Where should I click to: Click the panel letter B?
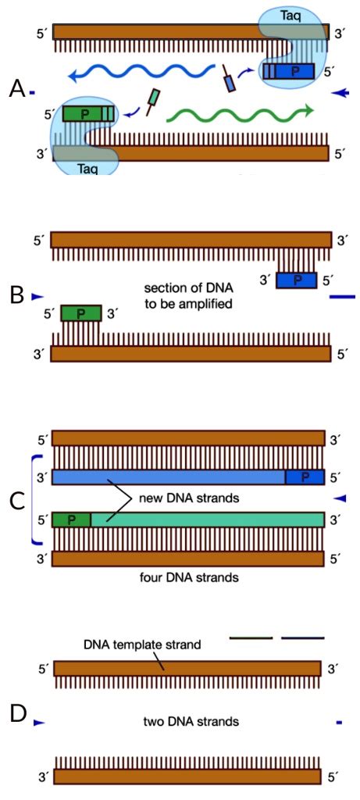pyautogui.click(x=16, y=297)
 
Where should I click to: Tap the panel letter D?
pyautogui.click(x=17, y=713)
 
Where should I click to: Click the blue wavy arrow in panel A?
pyautogui.click(x=141, y=74)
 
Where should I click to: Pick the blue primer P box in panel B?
pyautogui.click(x=296, y=280)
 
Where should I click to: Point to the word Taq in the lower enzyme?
pyautogui.click(x=87, y=169)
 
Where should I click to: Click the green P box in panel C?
pyautogui.click(x=71, y=519)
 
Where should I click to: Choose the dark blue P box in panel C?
pyautogui.click(x=305, y=477)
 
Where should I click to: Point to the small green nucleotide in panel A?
pyautogui.click(x=155, y=97)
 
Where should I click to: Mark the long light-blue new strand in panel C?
pyautogui.click(x=168, y=477)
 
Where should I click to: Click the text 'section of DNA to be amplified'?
pyautogui.click(x=189, y=295)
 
